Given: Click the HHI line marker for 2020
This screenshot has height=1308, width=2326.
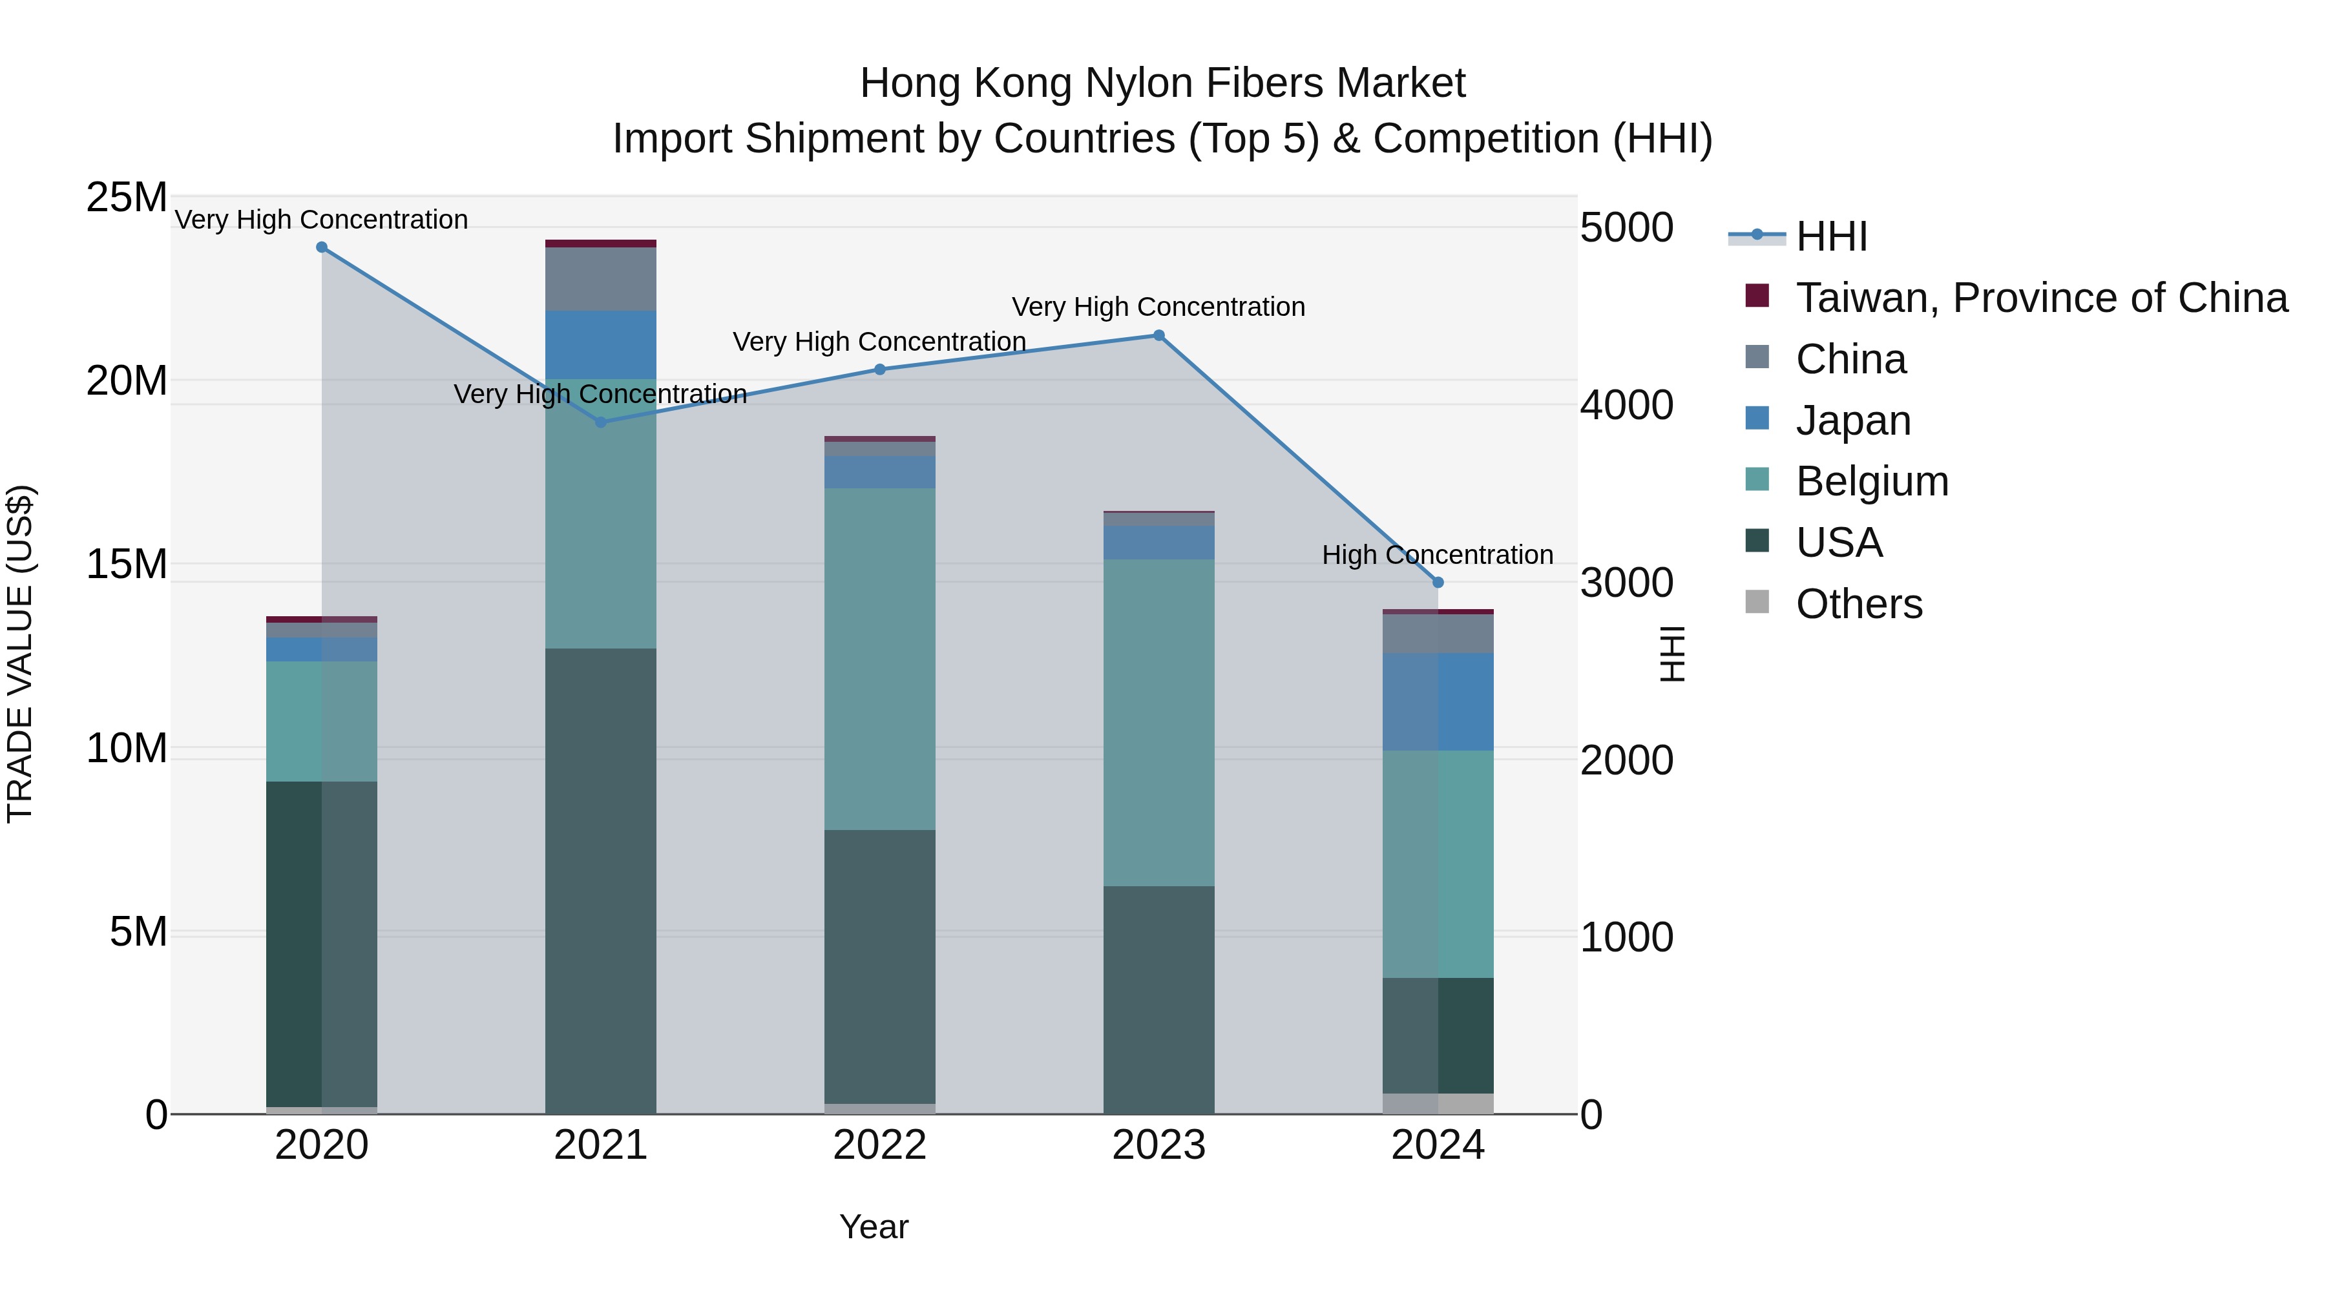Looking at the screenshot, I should pos(322,247).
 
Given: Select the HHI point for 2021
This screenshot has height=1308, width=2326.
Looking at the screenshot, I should pos(600,422).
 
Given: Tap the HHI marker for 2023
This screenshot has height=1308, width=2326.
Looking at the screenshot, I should pos(1158,336).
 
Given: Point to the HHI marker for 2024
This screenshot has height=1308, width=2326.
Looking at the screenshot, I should pos(1438,582).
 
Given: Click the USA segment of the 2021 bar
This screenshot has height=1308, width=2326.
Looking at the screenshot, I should pos(600,880).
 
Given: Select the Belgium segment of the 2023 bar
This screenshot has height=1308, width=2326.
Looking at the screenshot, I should pos(1158,722).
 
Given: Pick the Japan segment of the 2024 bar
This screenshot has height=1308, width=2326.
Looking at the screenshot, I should pos(1438,701).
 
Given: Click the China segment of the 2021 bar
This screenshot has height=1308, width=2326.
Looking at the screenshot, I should pos(600,279).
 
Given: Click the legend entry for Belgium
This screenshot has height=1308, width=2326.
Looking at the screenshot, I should pos(1871,481).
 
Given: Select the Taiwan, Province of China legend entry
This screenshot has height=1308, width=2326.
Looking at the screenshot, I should pos(2040,298).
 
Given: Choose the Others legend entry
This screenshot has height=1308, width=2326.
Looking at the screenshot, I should pos(1858,604).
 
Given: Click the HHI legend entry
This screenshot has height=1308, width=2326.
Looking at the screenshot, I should pos(1831,236).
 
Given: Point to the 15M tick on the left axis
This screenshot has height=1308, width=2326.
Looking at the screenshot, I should pos(127,564).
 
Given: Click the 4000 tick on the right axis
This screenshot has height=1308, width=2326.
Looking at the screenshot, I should pos(1626,404).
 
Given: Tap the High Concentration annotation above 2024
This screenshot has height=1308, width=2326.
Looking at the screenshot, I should pos(1438,554).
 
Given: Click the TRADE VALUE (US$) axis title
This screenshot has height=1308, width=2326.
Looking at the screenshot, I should pos(20,654).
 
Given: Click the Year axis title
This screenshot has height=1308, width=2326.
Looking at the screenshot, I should pos(873,1227).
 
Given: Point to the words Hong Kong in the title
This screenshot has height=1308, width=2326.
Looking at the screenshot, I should pos(965,83).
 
